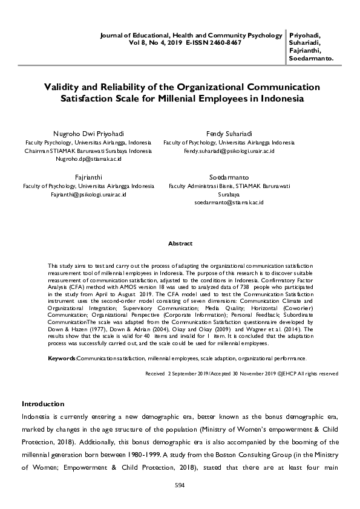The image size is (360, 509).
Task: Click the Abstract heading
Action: click(180, 244)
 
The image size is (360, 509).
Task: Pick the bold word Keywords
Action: click(61, 358)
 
